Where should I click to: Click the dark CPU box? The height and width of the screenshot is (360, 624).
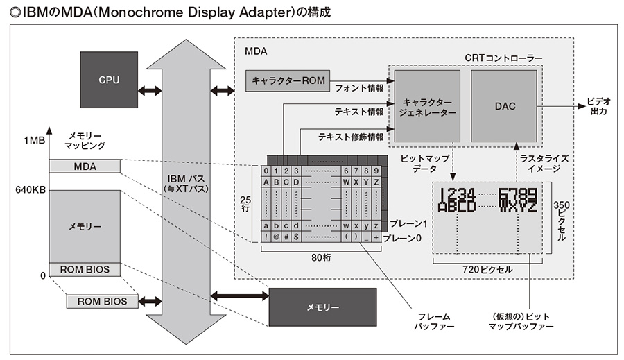click(x=109, y=80)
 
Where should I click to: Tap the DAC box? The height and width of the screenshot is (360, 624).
click(x=505, y=105)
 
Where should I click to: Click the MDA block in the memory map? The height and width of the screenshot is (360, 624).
click(x=85, y=166)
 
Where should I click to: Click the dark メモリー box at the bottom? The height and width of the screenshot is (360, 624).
click(x=323, y=307)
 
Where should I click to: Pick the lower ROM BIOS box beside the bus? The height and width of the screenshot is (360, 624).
click(x=101, y=301)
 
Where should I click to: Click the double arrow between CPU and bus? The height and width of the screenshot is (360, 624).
click(x=149, y=90)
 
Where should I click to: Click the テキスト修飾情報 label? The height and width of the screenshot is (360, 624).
click(x=351, y=137)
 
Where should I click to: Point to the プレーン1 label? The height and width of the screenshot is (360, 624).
click(x=409, y=224)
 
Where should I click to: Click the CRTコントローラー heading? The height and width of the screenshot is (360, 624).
click(x=503, y=56)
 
